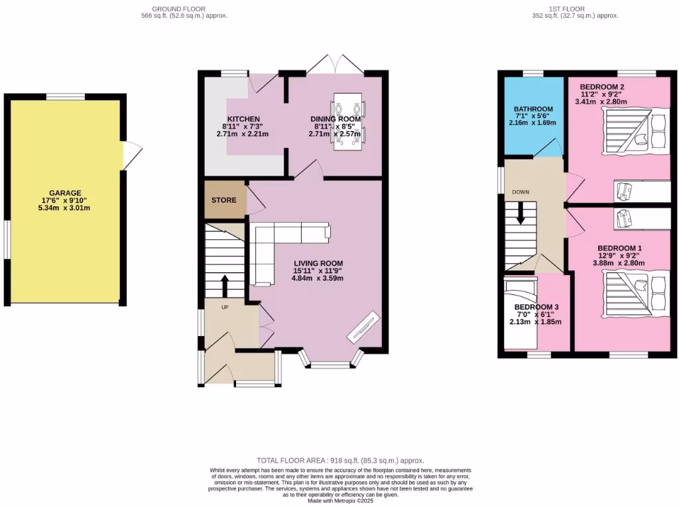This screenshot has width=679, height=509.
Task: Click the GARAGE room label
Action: (x=64, y=193)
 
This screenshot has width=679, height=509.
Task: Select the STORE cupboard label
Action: (x=224, y=199)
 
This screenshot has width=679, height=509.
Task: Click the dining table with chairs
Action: (x=348, y=122)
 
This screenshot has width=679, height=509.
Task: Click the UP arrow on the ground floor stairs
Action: (x=224, y=286)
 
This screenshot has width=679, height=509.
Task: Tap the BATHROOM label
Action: (x=533, y=109)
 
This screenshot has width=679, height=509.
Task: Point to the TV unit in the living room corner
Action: (x=362, y=326)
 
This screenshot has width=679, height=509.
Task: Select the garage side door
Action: (x=131, y=156)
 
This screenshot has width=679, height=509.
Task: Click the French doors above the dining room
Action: (x=336, y=65)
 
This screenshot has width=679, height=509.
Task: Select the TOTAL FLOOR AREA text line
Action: (x=339, y=460)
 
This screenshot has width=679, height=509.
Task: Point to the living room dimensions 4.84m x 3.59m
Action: (x=318, y=278)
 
